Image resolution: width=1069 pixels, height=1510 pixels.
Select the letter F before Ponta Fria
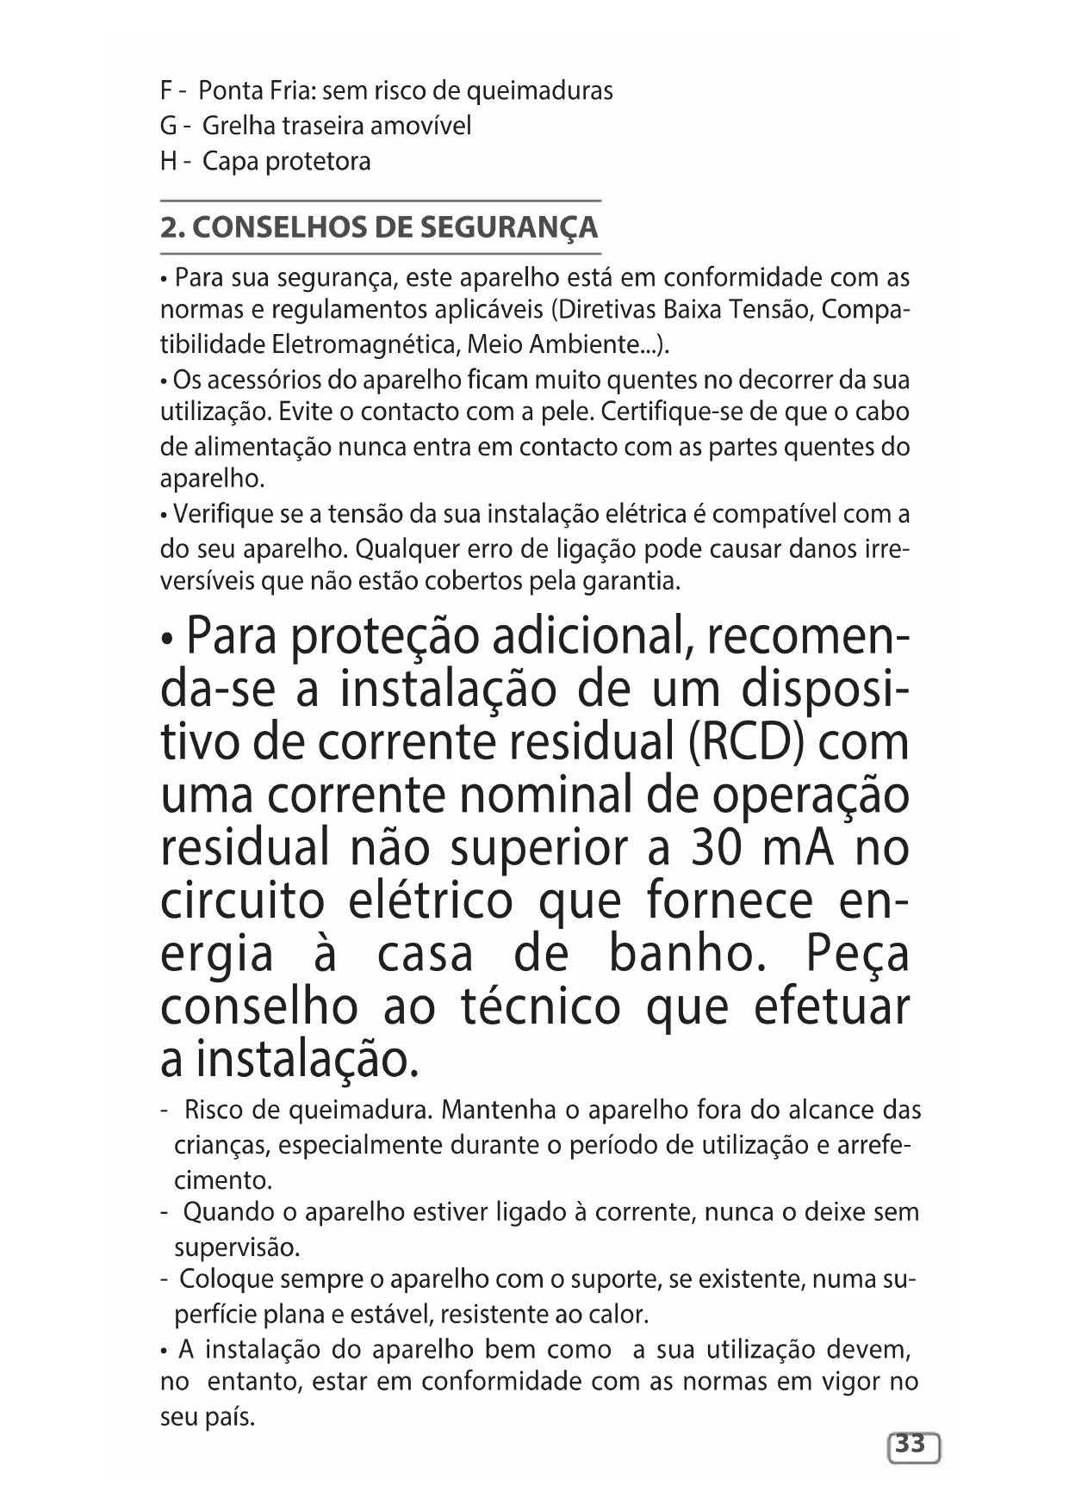click(166, 91)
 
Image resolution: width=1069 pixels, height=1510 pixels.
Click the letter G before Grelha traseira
click(168, 127)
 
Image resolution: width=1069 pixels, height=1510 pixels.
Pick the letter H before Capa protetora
click(168, 162)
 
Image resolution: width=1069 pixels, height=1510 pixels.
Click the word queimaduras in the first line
click(540, 91)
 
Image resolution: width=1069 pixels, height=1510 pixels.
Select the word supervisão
click(237, 1247)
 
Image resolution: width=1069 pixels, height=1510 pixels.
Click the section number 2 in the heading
click(171, 228)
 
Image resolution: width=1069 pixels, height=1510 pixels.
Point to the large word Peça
click(857, 955)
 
